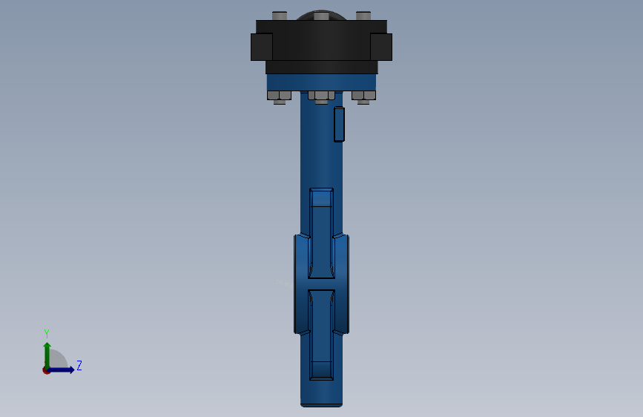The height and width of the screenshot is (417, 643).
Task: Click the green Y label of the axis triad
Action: click(47, 334)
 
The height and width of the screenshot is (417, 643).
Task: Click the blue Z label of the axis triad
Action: click(79, 365)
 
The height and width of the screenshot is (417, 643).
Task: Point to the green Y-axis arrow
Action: click(47, 355)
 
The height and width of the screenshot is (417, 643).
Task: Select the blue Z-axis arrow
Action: click(60, 370)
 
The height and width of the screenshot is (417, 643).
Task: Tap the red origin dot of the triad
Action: click(46, 370)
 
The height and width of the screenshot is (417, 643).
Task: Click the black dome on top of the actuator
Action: click(321, 15)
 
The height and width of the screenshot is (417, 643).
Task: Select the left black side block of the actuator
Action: click(262, 47)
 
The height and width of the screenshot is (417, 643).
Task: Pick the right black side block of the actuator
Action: click(381, 47)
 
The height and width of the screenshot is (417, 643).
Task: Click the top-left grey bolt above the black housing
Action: click(280, 16)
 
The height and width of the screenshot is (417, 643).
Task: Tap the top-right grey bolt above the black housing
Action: click(363, 16)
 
